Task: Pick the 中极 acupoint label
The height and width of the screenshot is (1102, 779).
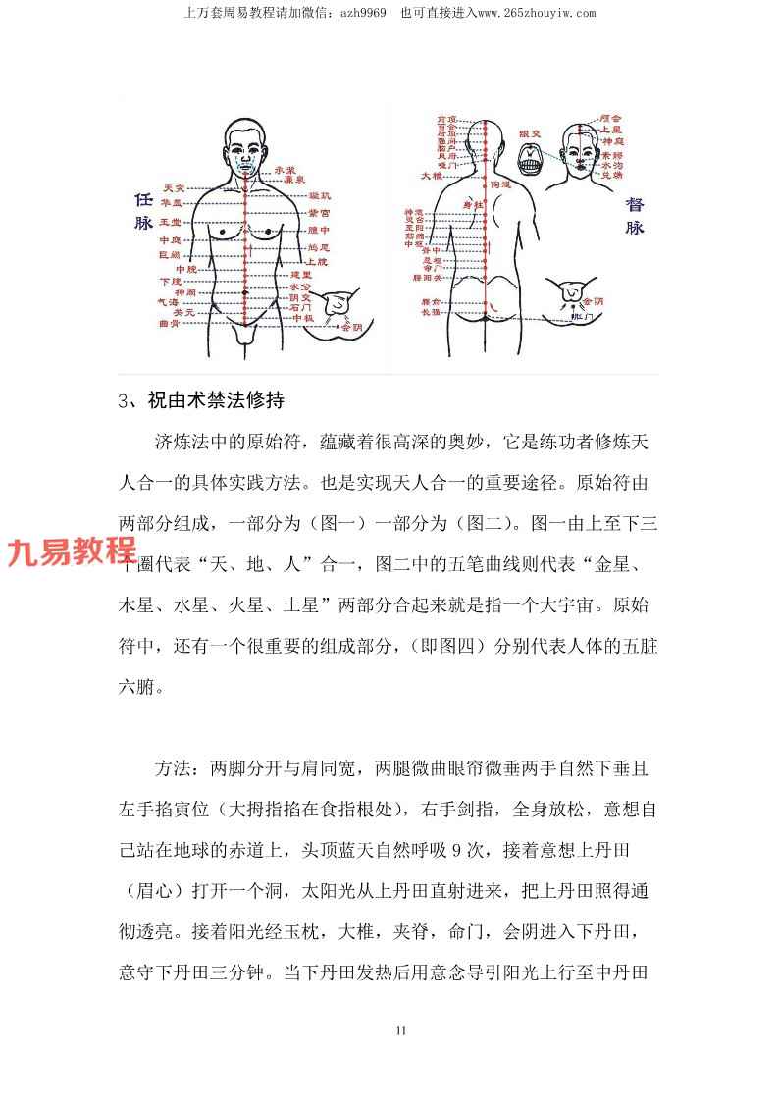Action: tap(301, 318)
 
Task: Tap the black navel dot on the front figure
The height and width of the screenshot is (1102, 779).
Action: tap(244, 293)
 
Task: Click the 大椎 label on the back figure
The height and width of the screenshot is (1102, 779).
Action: tap(432, 177)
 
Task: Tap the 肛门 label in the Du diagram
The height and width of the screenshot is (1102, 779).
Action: tap(569, 318)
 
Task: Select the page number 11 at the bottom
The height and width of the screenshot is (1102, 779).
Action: tap(400, 1030)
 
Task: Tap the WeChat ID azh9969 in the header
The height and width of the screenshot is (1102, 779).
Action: tap(361, 13)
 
